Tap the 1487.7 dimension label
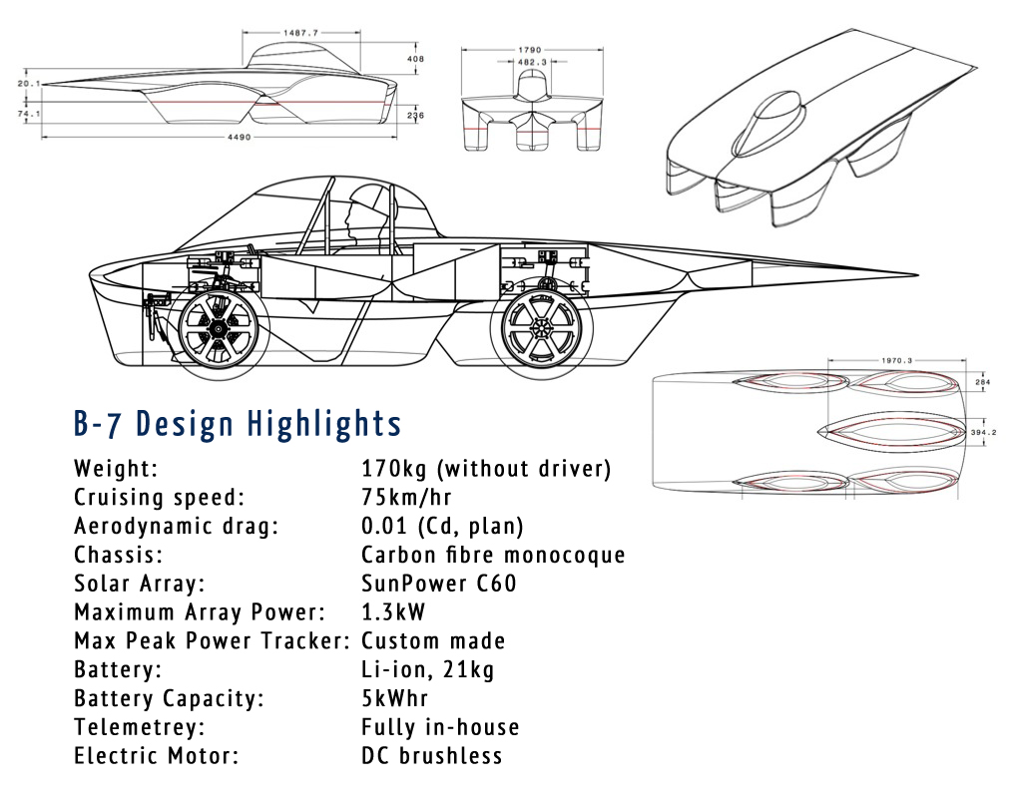coord(300,33)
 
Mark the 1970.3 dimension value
coord(883,361)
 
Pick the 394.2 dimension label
coord(985,433)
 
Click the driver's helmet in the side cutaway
coord(360,212)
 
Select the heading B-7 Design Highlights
coord(238,423)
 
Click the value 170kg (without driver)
coord(485,469)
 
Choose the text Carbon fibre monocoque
coord(493,555)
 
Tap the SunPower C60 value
coord(439,584)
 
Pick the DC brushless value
coord(431,756)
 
